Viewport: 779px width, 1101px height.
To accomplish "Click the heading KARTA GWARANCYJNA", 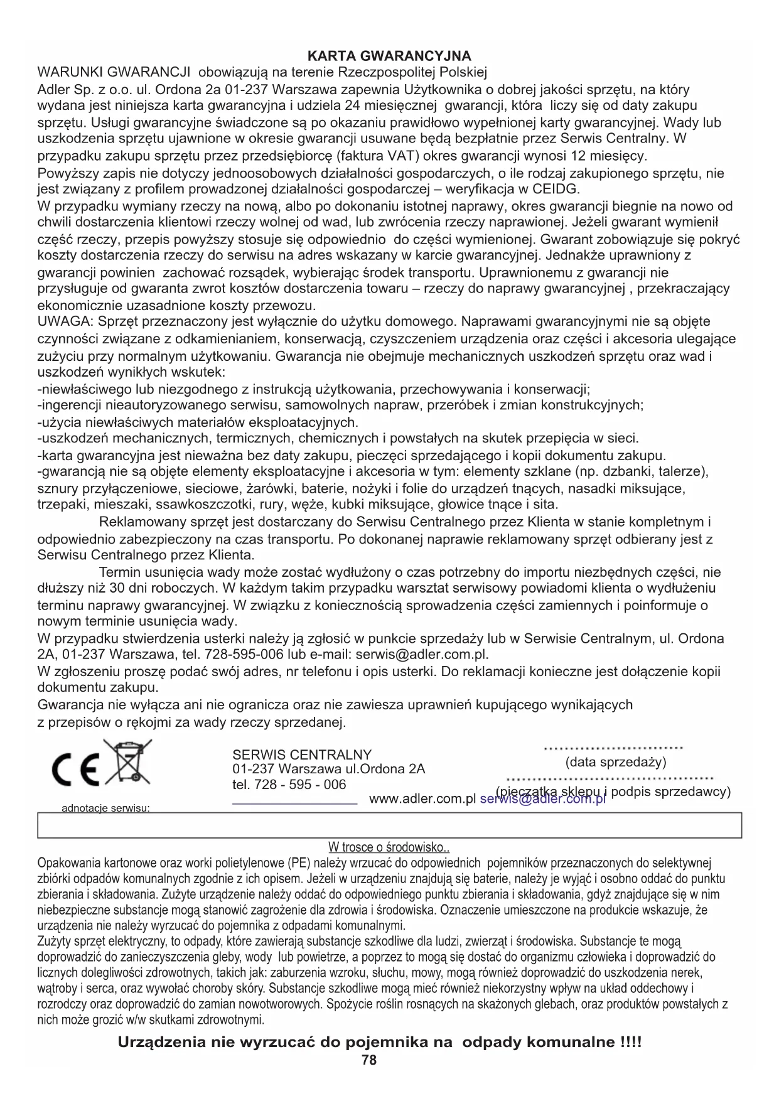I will coord(389,56).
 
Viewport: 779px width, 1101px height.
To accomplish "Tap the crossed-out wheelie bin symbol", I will coord(127,762).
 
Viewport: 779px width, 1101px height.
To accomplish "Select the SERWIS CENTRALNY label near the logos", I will coord(301,755).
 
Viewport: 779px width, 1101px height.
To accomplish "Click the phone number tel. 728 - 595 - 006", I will coord(289,785).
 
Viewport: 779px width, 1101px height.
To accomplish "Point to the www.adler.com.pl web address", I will coord(422,799).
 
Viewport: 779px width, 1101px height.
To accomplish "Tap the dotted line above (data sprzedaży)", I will coord(613,748).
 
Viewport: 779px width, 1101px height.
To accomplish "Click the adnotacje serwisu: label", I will coord(105,808).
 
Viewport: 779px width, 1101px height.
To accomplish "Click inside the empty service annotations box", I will coord(389,825).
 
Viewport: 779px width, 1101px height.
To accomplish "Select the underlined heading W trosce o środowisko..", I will coord(389,847).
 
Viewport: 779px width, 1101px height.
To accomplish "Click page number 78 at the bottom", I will coord(369,1060).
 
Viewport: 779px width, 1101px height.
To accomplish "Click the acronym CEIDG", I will coord(556,189).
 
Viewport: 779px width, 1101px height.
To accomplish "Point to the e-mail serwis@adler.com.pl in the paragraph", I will coord(422,655).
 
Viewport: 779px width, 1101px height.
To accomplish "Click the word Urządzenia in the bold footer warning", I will coord(161,1043).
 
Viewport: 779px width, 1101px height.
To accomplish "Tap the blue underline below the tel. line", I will coord(294,803).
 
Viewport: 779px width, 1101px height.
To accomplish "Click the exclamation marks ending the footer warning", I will coord(630,1043).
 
